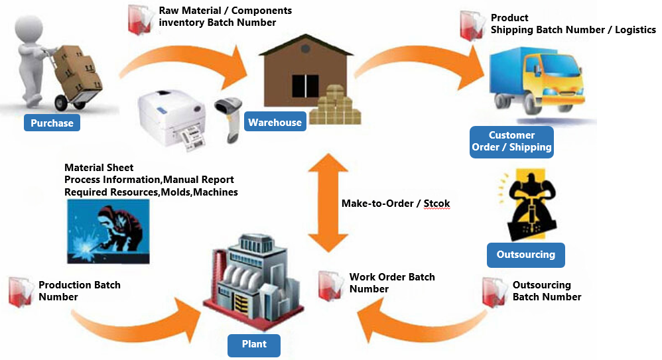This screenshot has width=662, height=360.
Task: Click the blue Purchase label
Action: point(52,123)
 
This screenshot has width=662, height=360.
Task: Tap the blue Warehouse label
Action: point(275,122)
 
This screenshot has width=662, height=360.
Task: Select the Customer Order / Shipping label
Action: point(511,141)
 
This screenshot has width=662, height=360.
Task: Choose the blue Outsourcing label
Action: point(525,255)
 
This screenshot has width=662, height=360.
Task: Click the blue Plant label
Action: point(254,344)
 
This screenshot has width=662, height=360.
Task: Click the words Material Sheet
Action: point(99,168)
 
